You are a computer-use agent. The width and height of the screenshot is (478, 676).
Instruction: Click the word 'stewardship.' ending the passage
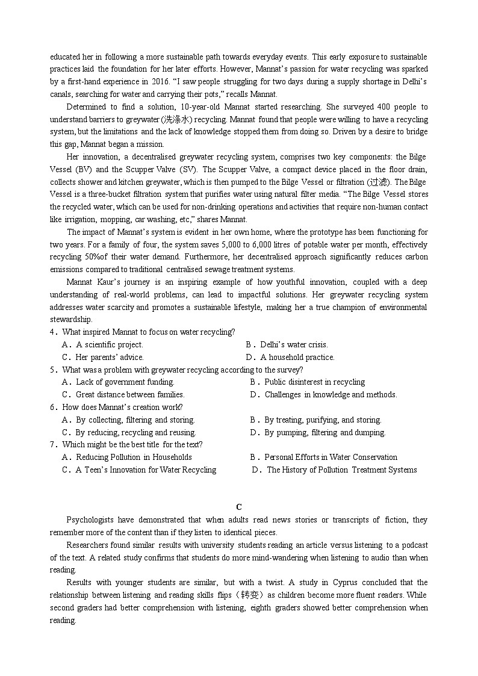click(71, 320)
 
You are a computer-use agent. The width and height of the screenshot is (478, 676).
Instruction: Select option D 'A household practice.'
click(297, 358)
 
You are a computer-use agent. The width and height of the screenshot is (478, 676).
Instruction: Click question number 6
click(54, 408)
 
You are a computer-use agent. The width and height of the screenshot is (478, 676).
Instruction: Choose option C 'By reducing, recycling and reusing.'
click(135, 433)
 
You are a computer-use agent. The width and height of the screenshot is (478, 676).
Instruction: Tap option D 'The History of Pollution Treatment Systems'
click(341, 470)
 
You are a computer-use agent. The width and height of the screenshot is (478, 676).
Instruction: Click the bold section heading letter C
click(239, 507)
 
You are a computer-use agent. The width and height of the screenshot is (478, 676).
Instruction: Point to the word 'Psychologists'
click(91, 520)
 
